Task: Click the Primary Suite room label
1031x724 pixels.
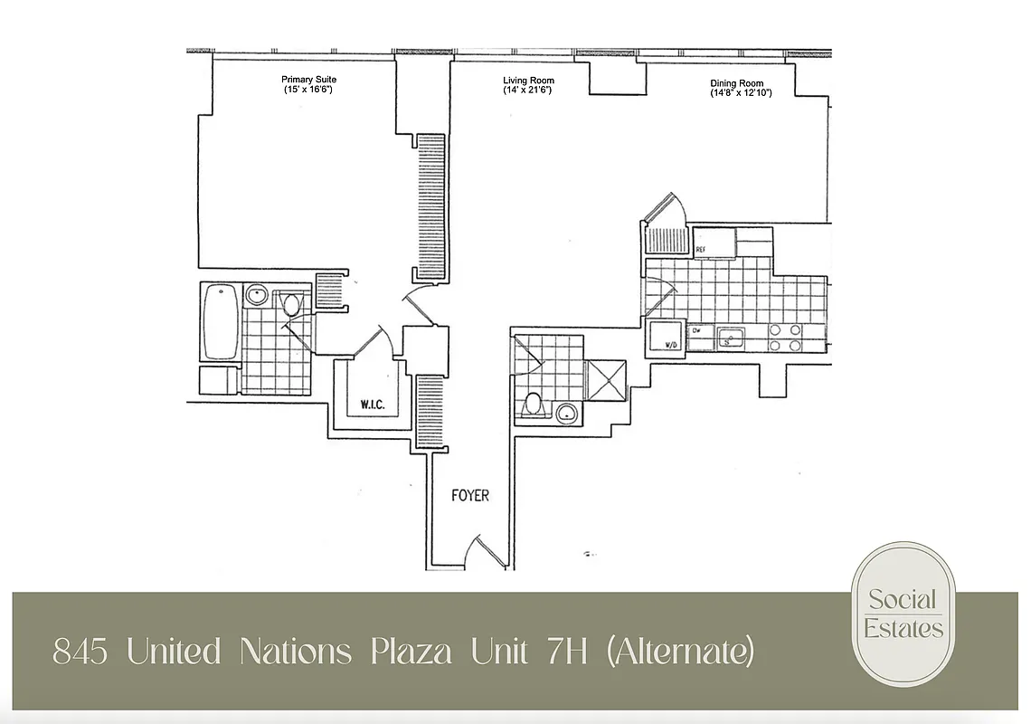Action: pyautogui.click(x=308, y=80)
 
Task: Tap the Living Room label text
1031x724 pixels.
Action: pyautogui.click(x=527, y=81)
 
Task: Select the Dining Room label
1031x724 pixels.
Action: pyautogui.click(x=736, y=83)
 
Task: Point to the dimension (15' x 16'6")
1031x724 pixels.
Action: pyautogui.click(x=308, y=90)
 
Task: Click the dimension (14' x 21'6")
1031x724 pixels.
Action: pyautogui.click(x=527, y=90)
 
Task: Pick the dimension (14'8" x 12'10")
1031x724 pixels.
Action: pyautogui.click(x=741, y=93)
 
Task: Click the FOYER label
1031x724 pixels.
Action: pyautogui.click(x=470, y=495)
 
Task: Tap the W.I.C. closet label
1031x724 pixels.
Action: pyautogui.click(x=372, y=405)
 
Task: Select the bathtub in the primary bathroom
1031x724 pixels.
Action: pyautogui.click(x=221, y=321)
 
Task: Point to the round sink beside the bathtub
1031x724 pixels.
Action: pyautogui.click(x=257, y=295)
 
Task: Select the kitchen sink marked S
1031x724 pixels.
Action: pyautogui.click(x=731, y=339)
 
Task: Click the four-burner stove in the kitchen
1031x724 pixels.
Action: pyautogui.click(x=785, y=338)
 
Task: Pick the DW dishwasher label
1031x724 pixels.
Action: pyautogui.click(x=697, y=332)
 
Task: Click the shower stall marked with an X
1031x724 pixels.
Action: pyautogui.click(x=606, y=379)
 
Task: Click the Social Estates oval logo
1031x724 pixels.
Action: pyautogui.click(x=903, y=614)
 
